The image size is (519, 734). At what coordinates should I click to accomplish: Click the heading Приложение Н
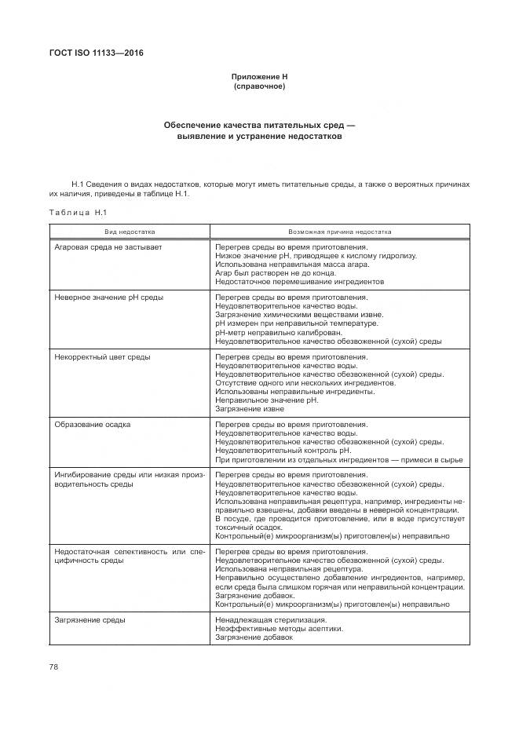259,76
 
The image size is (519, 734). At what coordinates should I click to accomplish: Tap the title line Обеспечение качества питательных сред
259,125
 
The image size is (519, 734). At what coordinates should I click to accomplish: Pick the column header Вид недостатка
130,232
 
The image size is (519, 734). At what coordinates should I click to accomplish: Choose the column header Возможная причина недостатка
340,232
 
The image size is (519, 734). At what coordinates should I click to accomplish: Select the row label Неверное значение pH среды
108,298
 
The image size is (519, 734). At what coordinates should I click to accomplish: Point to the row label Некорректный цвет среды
102,357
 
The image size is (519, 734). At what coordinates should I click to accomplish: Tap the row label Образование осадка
92,425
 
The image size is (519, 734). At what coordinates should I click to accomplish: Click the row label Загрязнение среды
90,619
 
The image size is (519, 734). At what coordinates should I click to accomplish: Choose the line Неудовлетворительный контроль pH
280,451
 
